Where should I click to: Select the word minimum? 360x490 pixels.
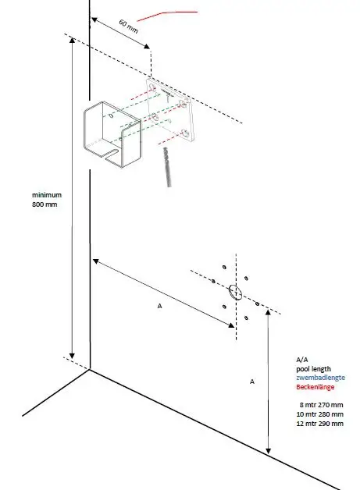46,194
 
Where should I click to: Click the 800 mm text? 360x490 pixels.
45,204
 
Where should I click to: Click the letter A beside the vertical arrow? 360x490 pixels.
252,382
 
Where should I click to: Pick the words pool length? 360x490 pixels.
314,368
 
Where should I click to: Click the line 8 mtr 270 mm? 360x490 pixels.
322,405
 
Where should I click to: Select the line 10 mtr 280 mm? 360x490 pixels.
321,414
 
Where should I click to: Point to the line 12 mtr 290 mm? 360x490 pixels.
321,424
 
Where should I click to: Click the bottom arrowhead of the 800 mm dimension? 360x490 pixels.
72,355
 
